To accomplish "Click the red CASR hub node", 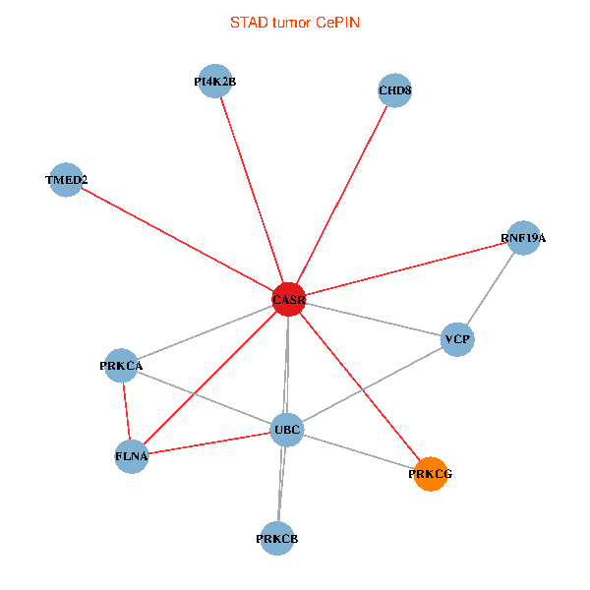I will click(x=288, y=300).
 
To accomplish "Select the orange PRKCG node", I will click(x=431, y=474).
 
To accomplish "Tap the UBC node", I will click(x=287, y=430).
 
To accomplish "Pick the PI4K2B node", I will click(x=214, y=82).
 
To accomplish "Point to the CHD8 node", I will click(x=394, y=91).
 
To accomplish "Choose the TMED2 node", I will click(x=66, y=180).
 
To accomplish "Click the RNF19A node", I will click(x=523, y=237).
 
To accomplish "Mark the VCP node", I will click(x=457, y=339).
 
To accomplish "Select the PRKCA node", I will click(x=121, y=366).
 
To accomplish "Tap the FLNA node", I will click(x=132, y=456).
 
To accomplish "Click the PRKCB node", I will click(x=277, y=539).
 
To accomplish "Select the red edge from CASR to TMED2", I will click(x=177, y=240).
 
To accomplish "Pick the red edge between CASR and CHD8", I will click(x=341, y=196).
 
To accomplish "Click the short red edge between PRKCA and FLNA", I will click(x=126, y=411).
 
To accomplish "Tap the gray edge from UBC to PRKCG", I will click(x=359, y=452).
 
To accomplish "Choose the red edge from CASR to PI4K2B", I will click(x=251, y=191).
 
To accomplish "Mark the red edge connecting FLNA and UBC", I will click(x=209, y=443).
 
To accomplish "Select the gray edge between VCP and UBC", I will click(x=372, y=384).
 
